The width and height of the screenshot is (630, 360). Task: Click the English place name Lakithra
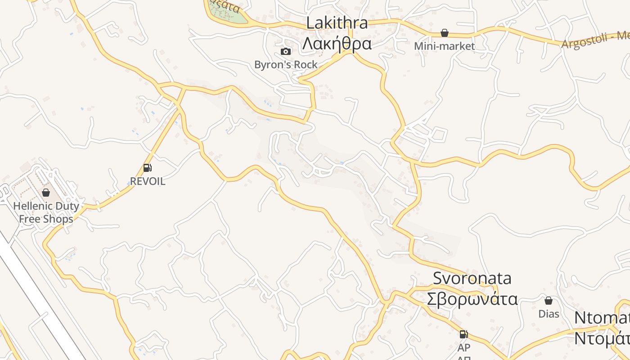coord(337,23)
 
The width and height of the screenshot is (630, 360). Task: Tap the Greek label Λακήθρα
coord(337,44)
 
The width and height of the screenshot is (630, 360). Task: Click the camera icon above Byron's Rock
coord(285,52)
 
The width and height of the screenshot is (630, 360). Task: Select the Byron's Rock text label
coord(286,65)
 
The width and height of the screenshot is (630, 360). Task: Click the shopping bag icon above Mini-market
coord(445,33)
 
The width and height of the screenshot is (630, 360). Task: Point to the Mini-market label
coord(445,46)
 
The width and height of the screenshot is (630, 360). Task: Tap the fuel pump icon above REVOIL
coord(147,168)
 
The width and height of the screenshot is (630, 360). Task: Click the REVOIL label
coord(148,181)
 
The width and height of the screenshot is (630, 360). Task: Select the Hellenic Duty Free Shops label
coord(46,212)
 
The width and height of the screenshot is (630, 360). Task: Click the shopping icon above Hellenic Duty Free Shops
coord(45,193)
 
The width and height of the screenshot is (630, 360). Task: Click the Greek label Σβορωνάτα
coord(472,299)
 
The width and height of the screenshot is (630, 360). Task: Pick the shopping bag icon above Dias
coord(549,301)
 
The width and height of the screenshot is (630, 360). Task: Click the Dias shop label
coord(549,314)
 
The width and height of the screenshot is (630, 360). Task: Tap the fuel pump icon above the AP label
coord(463,334)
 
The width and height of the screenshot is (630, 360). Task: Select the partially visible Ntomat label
coord(602,318)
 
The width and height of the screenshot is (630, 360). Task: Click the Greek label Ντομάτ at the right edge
coord(602,338)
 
